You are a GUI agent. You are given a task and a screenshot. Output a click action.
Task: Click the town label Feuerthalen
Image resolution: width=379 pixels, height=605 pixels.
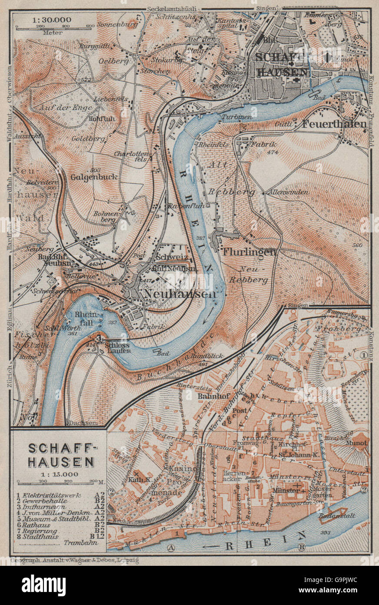point(334,124)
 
